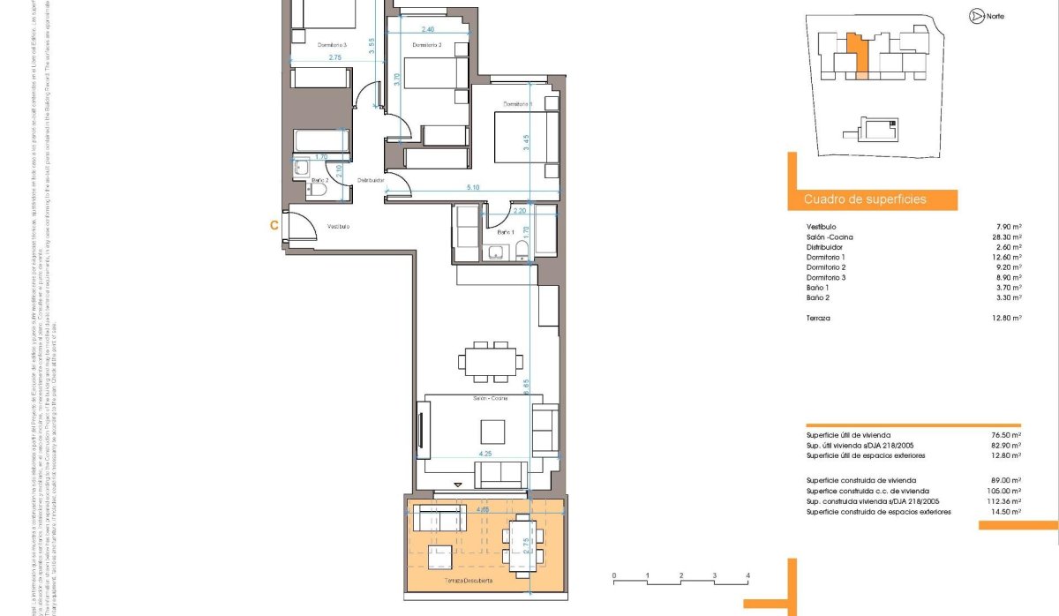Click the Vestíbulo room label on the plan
338,227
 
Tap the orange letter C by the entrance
274,226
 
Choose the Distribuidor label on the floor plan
371,180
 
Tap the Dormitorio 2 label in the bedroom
426,45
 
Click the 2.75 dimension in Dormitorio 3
335,57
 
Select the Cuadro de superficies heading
865,199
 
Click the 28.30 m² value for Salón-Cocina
1005,237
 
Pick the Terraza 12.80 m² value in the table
1005,318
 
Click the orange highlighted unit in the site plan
856,54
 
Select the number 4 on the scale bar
747,575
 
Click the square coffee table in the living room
492,432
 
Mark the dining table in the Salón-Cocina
489,360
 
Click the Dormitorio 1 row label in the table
825,258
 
